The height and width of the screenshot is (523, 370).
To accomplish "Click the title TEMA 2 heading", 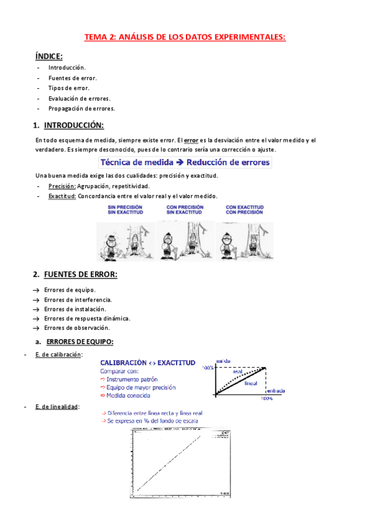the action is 185,37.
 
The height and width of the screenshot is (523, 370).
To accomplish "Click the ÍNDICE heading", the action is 53,56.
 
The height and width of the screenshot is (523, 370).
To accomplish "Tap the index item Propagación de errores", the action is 82,109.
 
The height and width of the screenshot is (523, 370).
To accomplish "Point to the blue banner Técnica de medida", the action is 185,163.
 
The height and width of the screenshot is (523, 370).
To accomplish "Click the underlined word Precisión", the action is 62,186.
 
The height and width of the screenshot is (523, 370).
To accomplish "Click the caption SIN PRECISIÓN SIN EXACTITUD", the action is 125,210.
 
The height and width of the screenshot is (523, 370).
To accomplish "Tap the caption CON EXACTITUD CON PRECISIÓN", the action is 245,210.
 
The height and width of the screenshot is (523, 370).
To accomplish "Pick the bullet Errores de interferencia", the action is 78,299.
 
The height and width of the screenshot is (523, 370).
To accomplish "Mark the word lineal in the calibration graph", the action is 252,383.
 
